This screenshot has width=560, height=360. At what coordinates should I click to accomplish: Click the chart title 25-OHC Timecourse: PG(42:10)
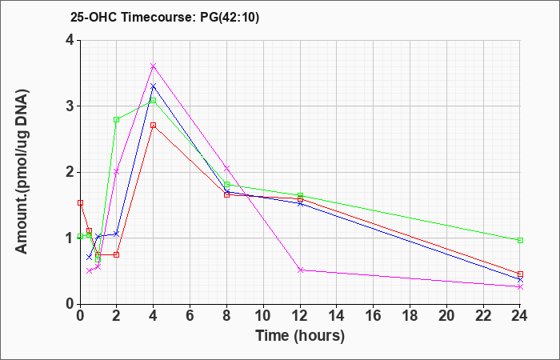tap(165, 17)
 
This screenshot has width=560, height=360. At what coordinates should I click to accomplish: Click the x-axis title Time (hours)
tap(300, 336)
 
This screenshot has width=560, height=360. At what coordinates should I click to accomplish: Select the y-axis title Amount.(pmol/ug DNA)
tap(22, 171)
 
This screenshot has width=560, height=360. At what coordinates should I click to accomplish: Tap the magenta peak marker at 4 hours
tap(154, 66)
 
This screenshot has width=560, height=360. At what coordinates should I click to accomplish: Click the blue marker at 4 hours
tap(154, 86)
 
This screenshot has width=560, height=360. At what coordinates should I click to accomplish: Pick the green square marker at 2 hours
tap(117, 120)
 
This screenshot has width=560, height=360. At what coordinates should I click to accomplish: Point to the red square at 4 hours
tap(154, 126)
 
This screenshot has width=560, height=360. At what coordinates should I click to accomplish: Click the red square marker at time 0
tap(80, 203)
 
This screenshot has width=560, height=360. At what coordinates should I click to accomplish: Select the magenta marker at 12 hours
tap(300, 270)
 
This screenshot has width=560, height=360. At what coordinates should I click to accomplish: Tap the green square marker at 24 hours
tap(520, 240)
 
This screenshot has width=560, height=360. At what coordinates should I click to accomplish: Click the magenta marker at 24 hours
tap(520, 286)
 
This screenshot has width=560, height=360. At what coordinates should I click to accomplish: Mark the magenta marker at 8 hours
tap(226, 168)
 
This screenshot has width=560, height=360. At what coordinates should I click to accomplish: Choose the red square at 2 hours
tap(117, 254)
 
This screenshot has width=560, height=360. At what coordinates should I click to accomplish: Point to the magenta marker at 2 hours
tap(117, 172)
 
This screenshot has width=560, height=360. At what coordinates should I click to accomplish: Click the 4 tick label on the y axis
tap(70, 40)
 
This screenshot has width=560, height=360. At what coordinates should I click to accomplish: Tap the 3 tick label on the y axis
tap(70, 106)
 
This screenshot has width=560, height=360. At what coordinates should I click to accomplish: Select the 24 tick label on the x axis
tap(520, 315)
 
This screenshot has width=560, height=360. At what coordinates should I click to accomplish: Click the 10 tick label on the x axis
tap(263, 315)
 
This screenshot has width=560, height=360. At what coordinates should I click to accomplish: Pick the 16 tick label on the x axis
tap(374, 315)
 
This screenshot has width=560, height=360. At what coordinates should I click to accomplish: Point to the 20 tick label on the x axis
tap(446, 315)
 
